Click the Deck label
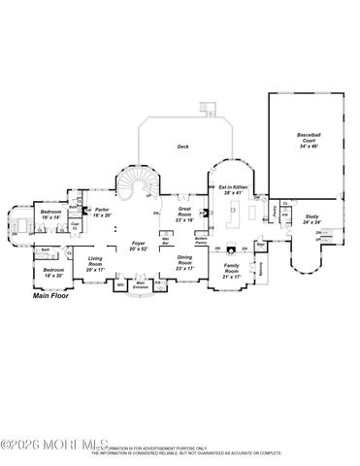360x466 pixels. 182,147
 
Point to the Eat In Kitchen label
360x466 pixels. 231,189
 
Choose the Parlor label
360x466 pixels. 103,212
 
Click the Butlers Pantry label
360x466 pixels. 202,240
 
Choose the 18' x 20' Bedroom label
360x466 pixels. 54,273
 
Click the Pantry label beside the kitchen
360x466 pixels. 275,209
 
